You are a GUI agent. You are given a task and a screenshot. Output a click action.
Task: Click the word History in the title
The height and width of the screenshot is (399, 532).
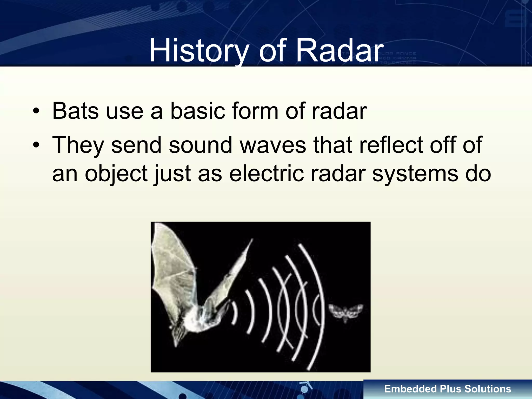[x=199, y=51]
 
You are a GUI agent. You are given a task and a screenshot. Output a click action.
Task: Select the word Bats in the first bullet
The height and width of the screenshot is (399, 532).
[x=75, y=111]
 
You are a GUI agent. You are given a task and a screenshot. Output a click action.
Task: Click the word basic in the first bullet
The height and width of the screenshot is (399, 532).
[x=197, y=111]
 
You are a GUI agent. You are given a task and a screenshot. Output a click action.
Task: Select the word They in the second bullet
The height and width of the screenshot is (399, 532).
[x=78, y=145]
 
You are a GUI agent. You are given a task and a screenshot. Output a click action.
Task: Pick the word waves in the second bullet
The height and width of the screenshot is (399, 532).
[x=273, y=145]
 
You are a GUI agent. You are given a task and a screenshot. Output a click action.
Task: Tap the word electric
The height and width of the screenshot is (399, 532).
[x=266, y=174]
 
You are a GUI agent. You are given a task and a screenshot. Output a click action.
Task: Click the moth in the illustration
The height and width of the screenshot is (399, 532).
[x=345, y=312]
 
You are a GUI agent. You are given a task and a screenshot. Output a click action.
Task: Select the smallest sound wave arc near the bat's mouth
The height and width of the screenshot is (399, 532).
[x=235, y=313]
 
